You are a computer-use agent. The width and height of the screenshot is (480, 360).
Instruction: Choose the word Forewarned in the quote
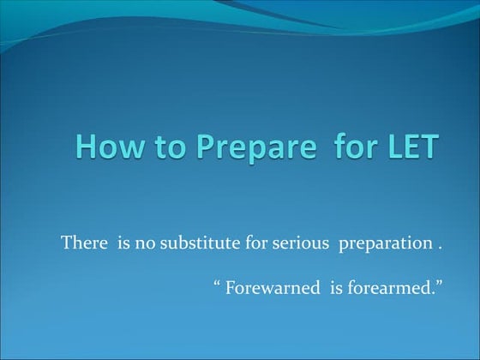[x=267, y=286]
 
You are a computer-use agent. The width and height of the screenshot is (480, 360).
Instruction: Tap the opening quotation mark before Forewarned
[x=217, y=281]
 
